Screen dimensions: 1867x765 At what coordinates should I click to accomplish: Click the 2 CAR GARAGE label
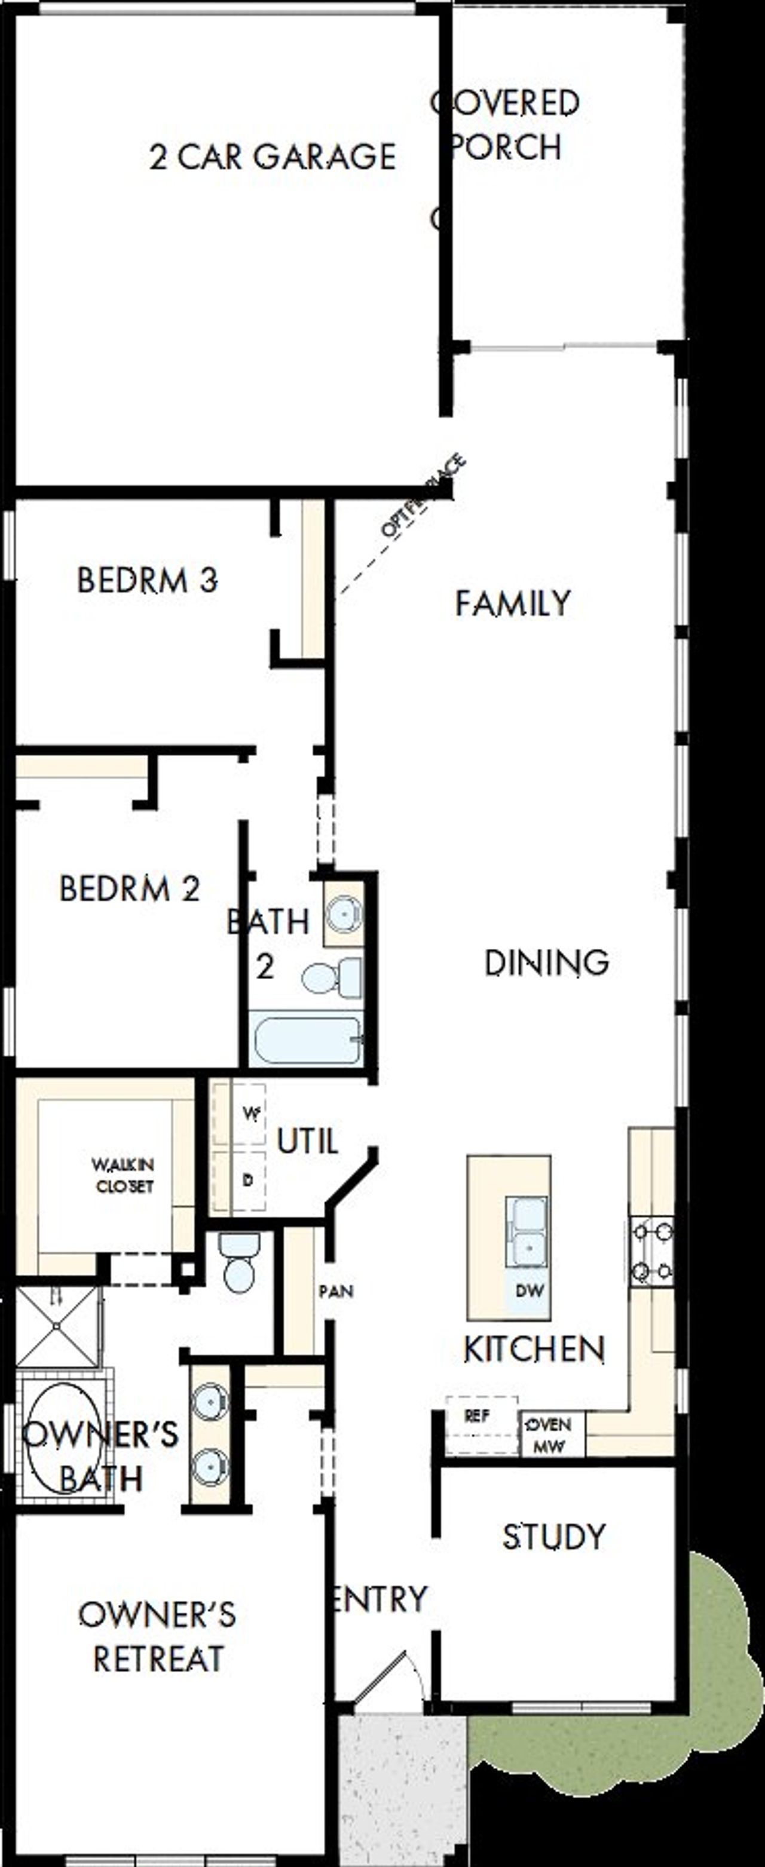[273, 157]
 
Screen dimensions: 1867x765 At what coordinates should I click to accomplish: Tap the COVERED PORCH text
[506, 125]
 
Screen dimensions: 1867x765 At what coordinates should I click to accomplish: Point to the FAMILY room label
[513, 603]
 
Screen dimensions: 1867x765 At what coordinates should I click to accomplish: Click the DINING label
[546, 962]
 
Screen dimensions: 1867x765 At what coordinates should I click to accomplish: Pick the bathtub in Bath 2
[306, 1041]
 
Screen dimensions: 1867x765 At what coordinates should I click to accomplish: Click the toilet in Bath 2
[331, 978]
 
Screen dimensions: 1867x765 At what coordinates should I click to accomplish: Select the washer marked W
[249, 1115]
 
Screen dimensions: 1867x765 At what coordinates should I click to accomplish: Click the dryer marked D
[248, 1180]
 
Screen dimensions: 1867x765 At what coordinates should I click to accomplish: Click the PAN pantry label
[336, 1291]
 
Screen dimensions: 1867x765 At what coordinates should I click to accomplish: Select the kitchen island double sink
[527, 1231]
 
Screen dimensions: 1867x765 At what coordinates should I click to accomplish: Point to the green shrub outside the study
[715, 1674]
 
